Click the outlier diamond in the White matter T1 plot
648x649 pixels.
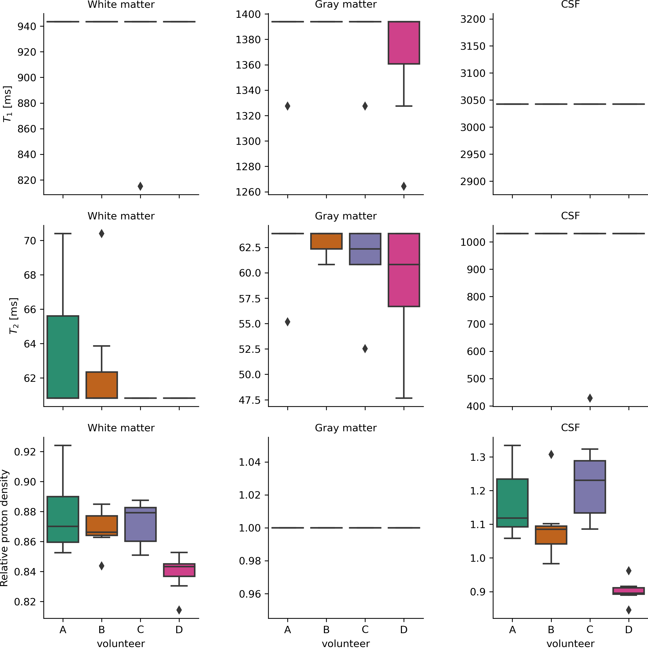point(140,186)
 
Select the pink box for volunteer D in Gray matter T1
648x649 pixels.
point(404,43)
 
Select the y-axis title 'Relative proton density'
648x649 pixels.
point(4,528)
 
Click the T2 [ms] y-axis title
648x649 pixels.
point(13,316)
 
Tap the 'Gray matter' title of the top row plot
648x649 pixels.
point(346,5)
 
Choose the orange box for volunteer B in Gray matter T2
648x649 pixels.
point(326,241)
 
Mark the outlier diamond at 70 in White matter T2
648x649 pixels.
point(101,234)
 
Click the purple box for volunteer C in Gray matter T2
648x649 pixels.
point(365,249)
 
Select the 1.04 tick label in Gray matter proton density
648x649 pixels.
point(250,462)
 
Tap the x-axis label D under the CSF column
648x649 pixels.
point(629,629)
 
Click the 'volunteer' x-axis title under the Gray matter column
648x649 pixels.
point(346,644)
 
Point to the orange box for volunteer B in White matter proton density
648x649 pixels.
point(101,525)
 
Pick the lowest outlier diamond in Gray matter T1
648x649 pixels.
point(404,186)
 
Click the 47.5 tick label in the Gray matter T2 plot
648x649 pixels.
point(250,400)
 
